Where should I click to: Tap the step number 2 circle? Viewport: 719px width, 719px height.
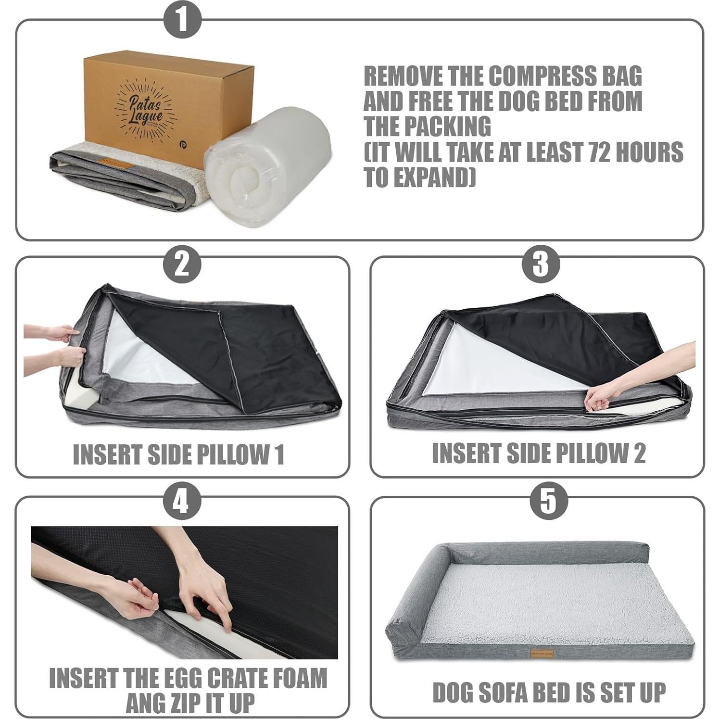[182, 264]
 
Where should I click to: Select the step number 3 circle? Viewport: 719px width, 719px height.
[541, 264]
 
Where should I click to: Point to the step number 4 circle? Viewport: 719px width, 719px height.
[182, 503]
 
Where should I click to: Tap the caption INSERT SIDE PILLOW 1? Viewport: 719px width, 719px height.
[178, 454]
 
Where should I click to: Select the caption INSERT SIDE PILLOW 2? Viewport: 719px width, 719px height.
[538, 453]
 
